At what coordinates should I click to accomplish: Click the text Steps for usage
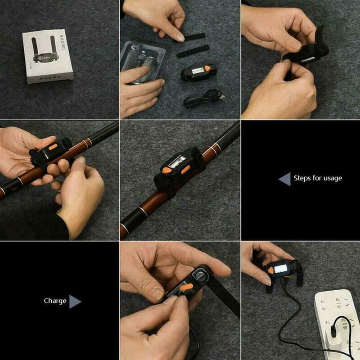point(318,178)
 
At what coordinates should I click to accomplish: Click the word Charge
point(55,301)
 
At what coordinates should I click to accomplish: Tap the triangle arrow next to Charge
point(74,301)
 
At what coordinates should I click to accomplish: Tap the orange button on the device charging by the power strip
point(271,270)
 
